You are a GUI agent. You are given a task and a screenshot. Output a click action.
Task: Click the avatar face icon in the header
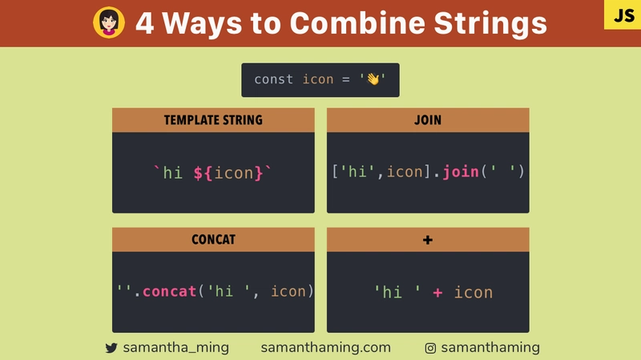click(109, 22)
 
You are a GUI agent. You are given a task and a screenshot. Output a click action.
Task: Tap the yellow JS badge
click(623, 14)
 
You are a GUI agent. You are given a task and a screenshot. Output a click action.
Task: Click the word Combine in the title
click(357, 23)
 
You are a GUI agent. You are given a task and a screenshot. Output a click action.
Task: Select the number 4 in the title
click(145, 23)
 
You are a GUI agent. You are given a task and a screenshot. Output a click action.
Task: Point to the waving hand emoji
click(373, 79)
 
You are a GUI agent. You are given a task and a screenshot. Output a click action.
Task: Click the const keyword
click(273, 79)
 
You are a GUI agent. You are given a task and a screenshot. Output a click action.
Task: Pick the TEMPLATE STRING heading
click(213, 119)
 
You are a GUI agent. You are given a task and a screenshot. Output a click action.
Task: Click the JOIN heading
click(428, 119)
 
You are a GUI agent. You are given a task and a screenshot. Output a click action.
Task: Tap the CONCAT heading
click(213, 239)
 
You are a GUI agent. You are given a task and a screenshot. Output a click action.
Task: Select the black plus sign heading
click(428, 240)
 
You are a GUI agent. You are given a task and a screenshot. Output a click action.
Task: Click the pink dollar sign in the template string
click(198, 172)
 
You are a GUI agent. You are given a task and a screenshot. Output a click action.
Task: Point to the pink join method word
click(460, 172)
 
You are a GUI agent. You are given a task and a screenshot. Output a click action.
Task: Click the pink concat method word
click(169, 291)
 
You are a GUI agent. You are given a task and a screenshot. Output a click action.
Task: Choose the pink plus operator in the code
click(437, 293)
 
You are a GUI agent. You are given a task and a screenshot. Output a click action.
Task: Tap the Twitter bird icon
click(111, 348)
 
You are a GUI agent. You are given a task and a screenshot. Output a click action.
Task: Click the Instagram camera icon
click(430, 348)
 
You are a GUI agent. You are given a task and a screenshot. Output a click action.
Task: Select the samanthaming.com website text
click(326, 347)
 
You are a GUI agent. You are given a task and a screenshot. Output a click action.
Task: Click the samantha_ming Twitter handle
click(175, 347)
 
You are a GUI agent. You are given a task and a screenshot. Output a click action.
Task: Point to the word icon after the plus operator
click(474, 292)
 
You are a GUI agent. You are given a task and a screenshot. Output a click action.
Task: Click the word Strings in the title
click(490, 24)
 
